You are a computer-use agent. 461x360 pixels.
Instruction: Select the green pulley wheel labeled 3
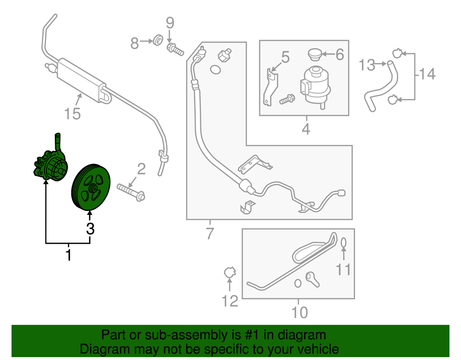pos(91,187)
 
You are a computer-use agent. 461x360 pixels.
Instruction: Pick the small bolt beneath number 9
pos(175,49)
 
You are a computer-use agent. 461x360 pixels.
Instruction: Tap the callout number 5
pos(285,58)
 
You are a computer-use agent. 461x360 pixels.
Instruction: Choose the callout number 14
pos(427,74)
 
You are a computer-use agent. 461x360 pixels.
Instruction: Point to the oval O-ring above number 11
pos(344,243)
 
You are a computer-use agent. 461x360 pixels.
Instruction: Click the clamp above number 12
pos(229,273)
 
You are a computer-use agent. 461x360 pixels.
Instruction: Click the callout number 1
pos(68,255)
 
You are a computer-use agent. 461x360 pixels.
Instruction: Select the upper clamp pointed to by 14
pos(397,53)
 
